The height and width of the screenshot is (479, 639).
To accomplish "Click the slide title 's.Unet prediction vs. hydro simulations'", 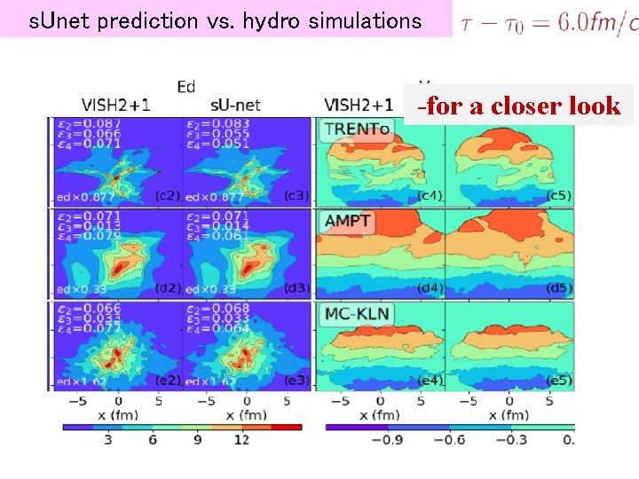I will point(225,20).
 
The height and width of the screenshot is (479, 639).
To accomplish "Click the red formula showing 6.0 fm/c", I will point(548,21).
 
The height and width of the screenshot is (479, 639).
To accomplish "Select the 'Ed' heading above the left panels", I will point(186,86).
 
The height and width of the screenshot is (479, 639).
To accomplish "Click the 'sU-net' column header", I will point(235,105).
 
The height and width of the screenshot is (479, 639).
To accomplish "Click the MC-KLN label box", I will point(359,314).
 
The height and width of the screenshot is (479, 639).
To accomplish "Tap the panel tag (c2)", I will point(167,195).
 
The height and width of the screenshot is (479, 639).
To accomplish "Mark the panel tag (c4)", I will point(430,195).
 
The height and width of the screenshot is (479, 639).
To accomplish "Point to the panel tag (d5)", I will point(559,287).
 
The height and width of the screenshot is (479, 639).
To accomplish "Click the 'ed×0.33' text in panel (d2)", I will point(82,288).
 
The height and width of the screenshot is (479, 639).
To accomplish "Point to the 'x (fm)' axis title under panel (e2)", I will point(115,414).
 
